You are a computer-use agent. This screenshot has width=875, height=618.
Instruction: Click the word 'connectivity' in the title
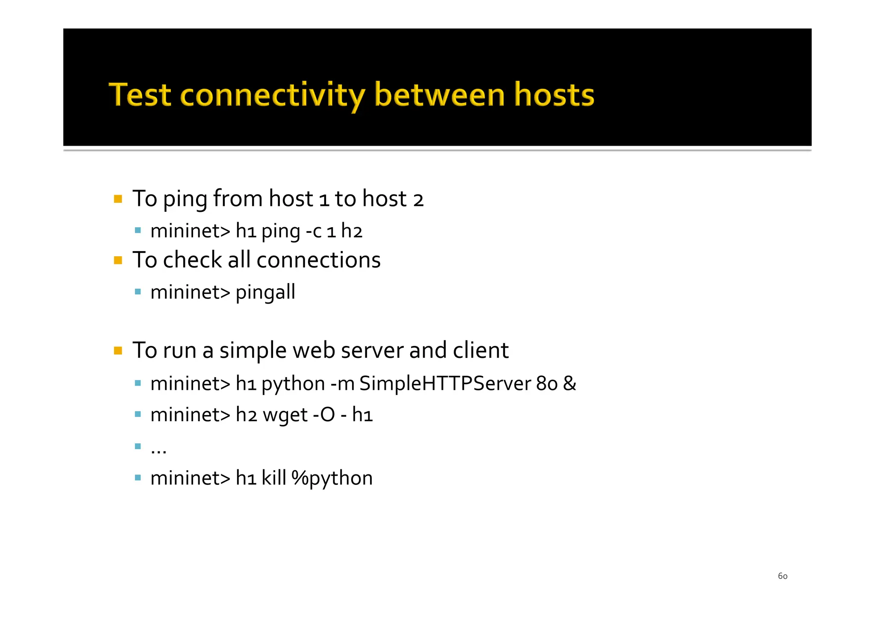pos(273,95)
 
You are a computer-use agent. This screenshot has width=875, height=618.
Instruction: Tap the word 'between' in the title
pos(439,95)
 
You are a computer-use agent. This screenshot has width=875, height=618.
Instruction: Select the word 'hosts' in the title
pos(554,95)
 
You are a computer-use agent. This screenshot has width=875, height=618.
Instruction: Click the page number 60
pos(782,576)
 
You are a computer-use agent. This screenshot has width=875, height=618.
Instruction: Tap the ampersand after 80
pos(570,384)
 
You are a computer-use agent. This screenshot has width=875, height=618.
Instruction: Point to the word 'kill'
pos(273,477)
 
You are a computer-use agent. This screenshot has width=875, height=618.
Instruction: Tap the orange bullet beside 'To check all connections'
pos(118,260)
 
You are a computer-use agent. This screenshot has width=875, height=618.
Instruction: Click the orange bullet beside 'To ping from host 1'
pos(118,199)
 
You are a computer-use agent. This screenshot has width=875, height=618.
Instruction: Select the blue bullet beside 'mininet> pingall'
pos(138,292)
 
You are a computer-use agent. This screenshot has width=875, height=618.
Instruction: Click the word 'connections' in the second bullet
pos(318,260)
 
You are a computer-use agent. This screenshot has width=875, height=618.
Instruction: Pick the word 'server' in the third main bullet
pos(372,351)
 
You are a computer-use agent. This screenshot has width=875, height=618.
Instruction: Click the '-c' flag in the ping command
pos(314,231)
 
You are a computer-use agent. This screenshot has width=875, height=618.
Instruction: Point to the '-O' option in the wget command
pos(324,415)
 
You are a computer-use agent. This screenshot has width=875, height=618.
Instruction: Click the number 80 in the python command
pos(547,384)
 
